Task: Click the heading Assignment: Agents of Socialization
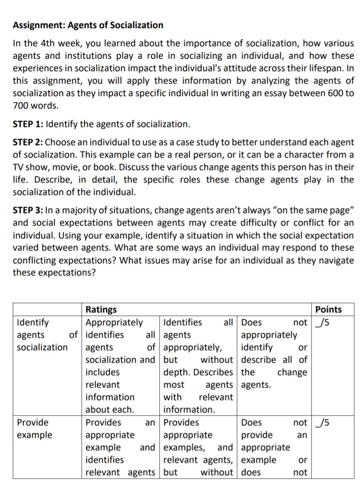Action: point(88,25)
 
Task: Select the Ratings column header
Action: point(101,310)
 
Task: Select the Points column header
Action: point(328,310)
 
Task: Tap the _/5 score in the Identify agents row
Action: point(324,322)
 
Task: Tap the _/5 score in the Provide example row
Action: point(324,422)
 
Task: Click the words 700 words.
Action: point(36,106)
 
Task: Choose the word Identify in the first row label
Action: point(33,322)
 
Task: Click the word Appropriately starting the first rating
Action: point(114,322)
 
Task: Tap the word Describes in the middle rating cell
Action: point(213,372)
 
